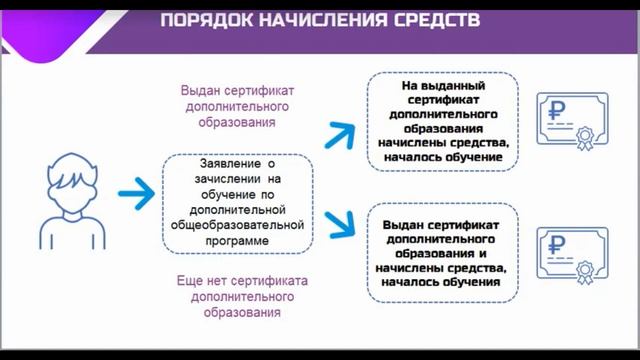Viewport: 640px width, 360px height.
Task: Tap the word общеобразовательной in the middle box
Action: (x=239, y=226)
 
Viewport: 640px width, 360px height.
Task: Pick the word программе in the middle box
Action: (x=239, y=241)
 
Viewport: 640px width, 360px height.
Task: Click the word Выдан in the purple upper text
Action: (x=199, y=89)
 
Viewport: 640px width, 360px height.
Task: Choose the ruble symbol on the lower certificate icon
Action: (x=560, y=243)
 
